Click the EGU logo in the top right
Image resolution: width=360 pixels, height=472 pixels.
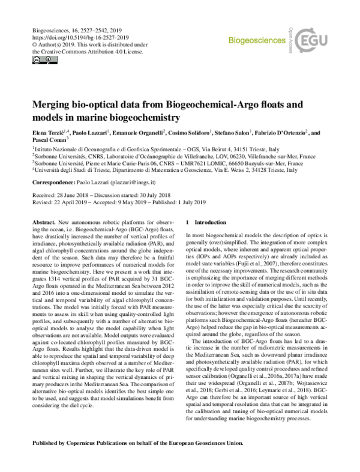click(x=317, y=41)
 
